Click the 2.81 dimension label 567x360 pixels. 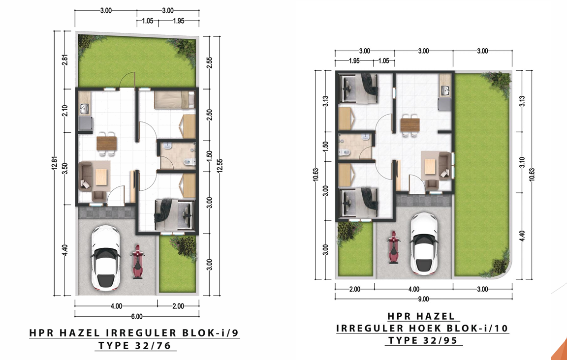pyautogui.click(x=65, y=60)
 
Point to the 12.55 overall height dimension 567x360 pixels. pyautogui.click(x=220, y=166)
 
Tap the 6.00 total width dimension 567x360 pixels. pyautogui.click(x=137, y=317)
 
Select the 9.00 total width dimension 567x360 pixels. pyautogui.click(x=423, y=300)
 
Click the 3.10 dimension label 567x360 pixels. pyautogui.click(x=522, y=162)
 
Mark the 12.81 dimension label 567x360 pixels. pyautogui.click(x=55, y=163)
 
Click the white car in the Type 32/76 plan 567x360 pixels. pyautogui.click(x=106, y=258)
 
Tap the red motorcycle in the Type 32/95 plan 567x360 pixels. pyautogui.click(x=393, y=247)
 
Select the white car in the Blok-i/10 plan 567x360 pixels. pyautogui.click(x=425, y=243)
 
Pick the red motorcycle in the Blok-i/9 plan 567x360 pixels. pyautogui.click(x=137, y=262)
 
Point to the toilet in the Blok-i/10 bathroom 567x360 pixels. pyautogui.click(x=344, y=152)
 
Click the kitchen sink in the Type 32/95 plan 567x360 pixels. pyautogui.click(x=445, y=90)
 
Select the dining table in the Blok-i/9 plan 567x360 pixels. pyautogui.click(x=107, y=144)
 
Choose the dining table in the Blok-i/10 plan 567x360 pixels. pyautogui.click(x=410, y=125)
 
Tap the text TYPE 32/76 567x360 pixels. pyautogui.click(x=134, y=346)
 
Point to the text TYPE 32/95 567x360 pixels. pyautogui.click(x=423, y=340)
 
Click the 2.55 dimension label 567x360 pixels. pyautogui.click(x=210, y=62)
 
